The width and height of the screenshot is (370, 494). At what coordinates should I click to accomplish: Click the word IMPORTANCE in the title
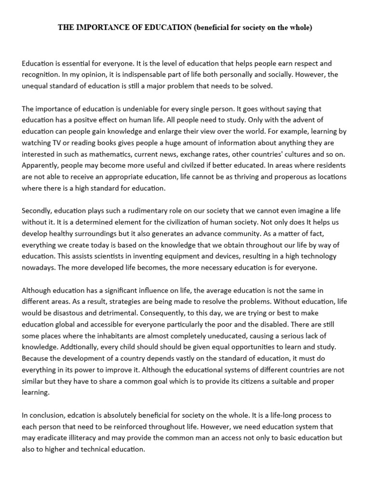[x=99, y=27]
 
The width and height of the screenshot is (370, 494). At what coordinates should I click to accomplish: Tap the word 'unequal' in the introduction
[x=35, y=87]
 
